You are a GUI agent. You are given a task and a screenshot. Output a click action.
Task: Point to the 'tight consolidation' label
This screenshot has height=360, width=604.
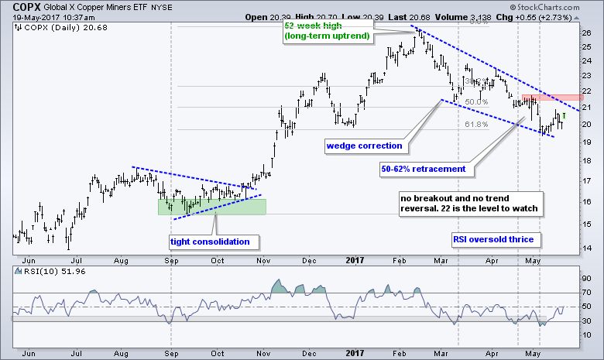point(209,242)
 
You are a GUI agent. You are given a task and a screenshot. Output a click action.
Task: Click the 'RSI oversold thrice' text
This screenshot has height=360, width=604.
point(494,240)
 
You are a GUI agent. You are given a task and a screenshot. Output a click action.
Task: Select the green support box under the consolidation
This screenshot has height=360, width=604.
point(211,206)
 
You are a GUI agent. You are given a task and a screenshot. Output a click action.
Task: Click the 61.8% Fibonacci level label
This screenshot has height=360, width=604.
point(477,124)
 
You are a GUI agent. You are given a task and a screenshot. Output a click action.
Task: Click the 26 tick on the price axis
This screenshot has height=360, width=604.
point(586,33)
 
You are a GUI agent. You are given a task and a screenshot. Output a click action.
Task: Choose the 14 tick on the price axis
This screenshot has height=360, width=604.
point(586,247)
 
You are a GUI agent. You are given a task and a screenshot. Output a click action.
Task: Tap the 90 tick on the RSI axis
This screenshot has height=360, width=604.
point(586,277)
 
